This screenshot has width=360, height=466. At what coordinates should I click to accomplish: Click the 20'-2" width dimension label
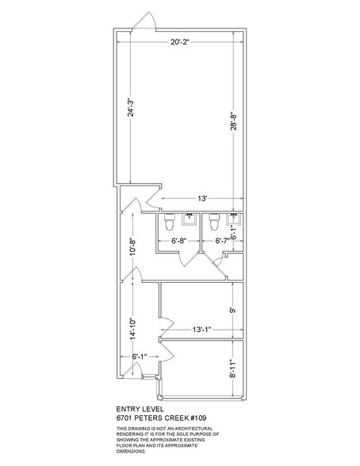click(180, 42)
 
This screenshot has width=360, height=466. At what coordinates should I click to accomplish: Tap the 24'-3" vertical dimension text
click(131, 107)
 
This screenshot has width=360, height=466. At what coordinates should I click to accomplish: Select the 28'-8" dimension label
click(234, 121)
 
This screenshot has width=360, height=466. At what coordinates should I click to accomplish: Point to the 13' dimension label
click(202, 198)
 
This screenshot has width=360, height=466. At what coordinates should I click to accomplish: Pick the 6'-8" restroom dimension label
click(178, 241)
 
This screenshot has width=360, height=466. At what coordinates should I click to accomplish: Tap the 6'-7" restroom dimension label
click(222, 241)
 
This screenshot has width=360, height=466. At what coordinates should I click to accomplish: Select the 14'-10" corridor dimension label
click(132, 328)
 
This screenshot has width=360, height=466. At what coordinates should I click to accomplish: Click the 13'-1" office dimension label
click(201, 330)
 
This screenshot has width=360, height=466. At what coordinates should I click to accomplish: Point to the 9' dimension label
click(234, 311)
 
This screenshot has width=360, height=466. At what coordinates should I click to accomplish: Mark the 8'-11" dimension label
click(234, 369)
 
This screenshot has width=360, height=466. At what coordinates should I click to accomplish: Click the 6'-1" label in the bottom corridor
click(140, 356)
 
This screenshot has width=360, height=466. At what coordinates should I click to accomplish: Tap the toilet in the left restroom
click(170, 222)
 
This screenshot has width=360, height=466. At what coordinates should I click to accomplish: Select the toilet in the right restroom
click(214, 222)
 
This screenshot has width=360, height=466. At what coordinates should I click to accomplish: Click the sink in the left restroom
click(189, 220)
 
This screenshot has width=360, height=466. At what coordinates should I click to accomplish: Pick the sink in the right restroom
click(233, 220)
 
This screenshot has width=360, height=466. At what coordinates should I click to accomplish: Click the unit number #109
click(198, 418)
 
